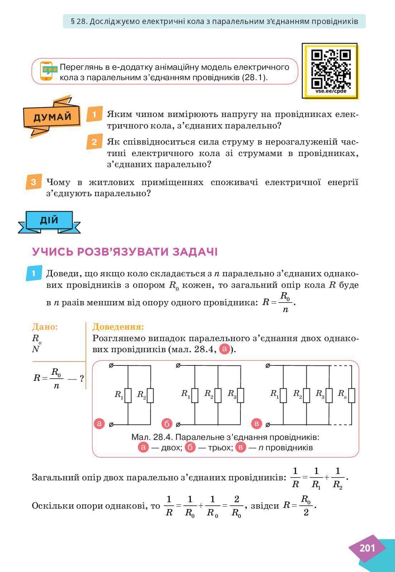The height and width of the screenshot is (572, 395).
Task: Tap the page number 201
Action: pyautogui.click(x=367, y=548)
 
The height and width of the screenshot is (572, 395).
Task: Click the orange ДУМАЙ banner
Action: pyautogui.click(x=52, y=117)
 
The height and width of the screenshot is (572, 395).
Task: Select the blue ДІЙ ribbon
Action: pyautogui.click(x=49, y=220)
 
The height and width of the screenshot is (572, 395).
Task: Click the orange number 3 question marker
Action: pyautogui.click(x=33, y=182)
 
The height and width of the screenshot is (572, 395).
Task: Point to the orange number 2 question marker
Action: pyautogui.click(x=94, y=142)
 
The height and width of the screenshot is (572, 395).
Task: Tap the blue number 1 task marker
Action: pyautogui.click(x=34, y=273)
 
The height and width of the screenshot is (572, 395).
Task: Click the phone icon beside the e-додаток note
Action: pyautogui.click(x=47, y=71)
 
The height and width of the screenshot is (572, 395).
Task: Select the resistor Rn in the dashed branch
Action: pyautogui.click(x=352, y=395)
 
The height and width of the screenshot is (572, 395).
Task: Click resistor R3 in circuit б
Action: pyautogui.click(x=240, y=395)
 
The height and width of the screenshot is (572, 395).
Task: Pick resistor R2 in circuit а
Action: pyautogui.click(x=150, y=395)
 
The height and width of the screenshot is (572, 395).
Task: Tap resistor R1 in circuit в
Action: pyautogui.click(x=283, y=395)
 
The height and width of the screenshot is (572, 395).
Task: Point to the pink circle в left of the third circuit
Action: pyautogui.click(x=257, y=424)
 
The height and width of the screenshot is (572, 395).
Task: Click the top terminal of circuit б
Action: pyautogui.click(x=178, y=365)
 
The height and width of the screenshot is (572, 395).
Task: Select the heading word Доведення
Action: pyautogui.click(x=118, y=327)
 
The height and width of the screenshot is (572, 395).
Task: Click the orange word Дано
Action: pyautogui.click(x=45, y=327)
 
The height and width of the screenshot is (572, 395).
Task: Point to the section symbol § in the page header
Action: pyautogui.click(x=73, y=21)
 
